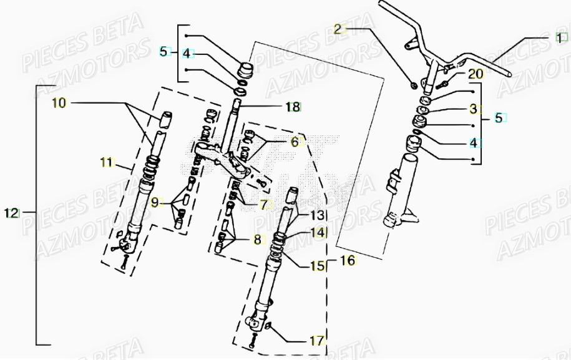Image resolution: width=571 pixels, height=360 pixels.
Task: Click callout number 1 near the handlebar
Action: click(x=559, y=38)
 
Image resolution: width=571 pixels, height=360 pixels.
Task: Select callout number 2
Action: click(x=338, y=29)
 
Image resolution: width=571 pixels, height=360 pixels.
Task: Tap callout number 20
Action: click(x=476, y=74)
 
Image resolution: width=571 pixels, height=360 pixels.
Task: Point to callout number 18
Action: click(x=293, y=107)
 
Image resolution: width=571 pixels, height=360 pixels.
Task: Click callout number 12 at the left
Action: click(x=11, y=213)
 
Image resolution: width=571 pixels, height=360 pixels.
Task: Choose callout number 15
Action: click(x=317, y=266)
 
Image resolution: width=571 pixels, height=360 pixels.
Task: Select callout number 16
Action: click(x=348, y=260)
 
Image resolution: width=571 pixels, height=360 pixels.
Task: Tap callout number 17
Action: click(x=317, y=341)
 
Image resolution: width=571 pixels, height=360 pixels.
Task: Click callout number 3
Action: click(x=473, y=109)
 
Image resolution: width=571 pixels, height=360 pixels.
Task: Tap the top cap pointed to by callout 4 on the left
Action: click(x=245, y=67)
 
